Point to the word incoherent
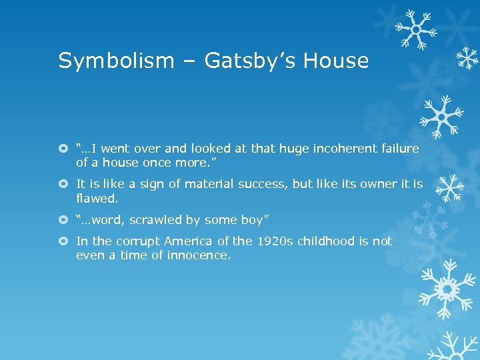pyautogui.click(x=340, y=149)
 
